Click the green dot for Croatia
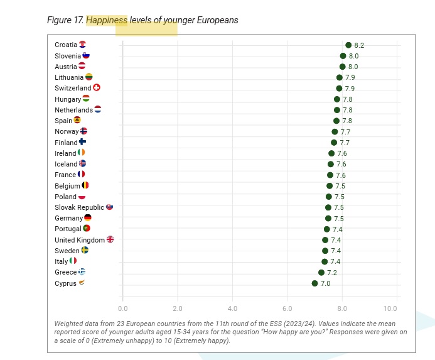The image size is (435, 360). point(348,45)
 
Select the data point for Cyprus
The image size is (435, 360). point(314,283)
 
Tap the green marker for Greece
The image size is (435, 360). point(321,273)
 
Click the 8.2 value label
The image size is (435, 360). point(359,45)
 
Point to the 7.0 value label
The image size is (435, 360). point(325,284)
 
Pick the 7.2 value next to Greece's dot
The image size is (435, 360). point(332,273)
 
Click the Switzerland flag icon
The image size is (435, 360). point(97,88)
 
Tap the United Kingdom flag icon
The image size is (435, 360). point(110,239)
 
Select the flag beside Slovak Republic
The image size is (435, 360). point(109,207)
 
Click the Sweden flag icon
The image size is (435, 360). point(85,250)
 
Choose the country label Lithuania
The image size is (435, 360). point(69,77)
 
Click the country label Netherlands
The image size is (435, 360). point(73,110)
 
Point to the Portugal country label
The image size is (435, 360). point(68,229)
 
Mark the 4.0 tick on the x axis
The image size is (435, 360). point(232,308)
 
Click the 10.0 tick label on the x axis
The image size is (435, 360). point(390,308)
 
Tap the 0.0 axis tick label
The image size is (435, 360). point(122,308)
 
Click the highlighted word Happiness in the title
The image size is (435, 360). point(107,20)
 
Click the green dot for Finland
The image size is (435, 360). point(334,143)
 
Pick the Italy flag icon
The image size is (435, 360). point(73,261)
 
